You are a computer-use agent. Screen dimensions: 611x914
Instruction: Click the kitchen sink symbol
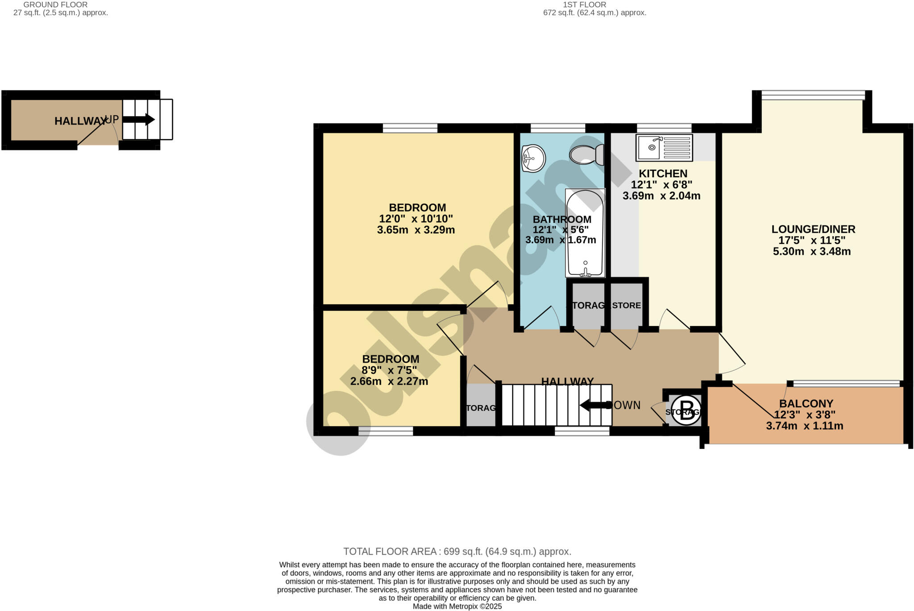[664, 147]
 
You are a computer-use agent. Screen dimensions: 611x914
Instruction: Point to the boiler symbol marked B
[686, 410]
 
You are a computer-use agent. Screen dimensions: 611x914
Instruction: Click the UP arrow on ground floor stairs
[138, 120]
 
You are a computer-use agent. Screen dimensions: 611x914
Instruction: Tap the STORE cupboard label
[626, 305]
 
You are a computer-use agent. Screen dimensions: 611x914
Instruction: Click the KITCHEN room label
[663, 173]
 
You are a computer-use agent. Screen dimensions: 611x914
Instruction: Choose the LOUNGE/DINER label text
[813, 229]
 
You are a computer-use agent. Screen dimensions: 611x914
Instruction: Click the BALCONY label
[806, 404]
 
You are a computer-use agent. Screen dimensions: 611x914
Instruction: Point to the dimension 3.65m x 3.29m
[415, 230]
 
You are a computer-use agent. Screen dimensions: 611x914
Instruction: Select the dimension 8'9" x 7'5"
[389, 370]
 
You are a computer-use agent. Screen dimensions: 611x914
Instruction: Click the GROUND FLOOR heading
[55, 4]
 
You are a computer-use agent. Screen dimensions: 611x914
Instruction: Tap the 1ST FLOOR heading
[584, 4]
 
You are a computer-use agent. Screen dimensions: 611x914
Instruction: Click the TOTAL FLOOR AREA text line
[457, 552]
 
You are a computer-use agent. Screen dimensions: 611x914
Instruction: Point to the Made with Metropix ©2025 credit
[457, 607]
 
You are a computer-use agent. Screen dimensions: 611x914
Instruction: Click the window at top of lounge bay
[813, 95]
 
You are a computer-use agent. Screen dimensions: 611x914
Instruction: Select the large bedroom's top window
[410, 128]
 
